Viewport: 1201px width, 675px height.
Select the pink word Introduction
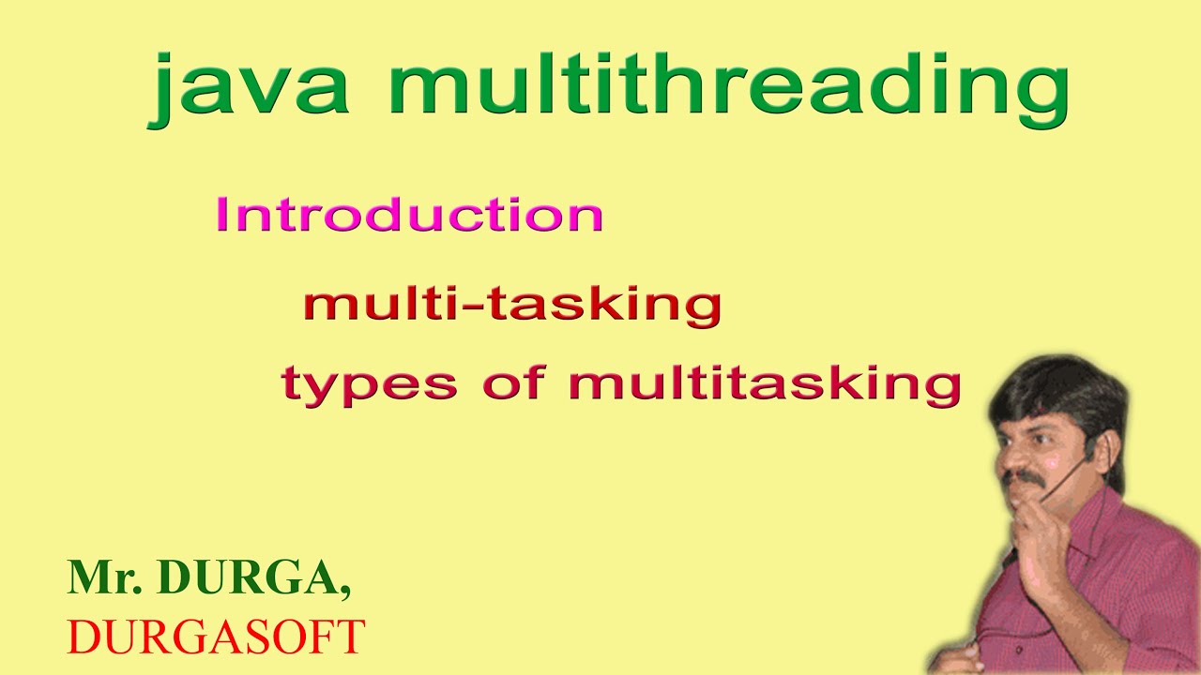pos(409,215)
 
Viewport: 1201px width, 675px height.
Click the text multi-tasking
pos(512,305)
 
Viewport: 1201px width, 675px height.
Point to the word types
pos(370,384)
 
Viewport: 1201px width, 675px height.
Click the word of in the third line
pos(512,384)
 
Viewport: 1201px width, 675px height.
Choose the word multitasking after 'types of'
pos(765,384)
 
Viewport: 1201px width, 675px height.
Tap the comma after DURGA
pos(346,592)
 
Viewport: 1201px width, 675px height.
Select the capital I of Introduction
pos(222,215)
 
